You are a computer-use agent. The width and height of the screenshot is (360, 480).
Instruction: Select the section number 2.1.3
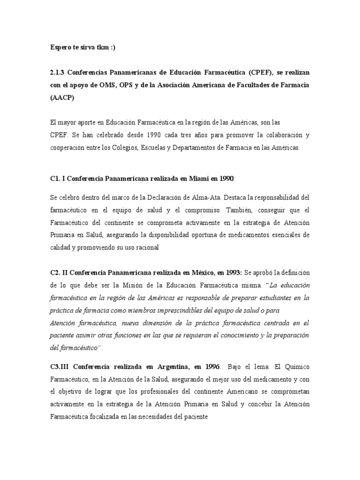(58, 74)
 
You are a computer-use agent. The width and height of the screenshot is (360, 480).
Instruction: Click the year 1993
(232, 272)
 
